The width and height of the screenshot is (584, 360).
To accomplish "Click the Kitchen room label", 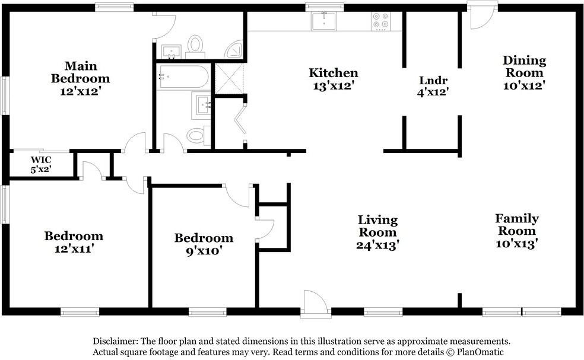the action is pyautogui.click(x=334, y=72).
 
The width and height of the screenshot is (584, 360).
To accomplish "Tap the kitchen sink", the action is pyautogui.click(x=324, y=21).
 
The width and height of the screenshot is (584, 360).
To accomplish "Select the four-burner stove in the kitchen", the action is pyautogui.click(x=381, y=21).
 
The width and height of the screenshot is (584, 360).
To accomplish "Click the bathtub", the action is pyautogui.click(x=183, y=77).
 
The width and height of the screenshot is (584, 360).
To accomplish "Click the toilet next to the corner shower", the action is pyautogui.click(x=195, y=46).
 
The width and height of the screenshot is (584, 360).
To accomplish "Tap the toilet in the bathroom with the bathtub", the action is pyautogui.click(x=198, y=135).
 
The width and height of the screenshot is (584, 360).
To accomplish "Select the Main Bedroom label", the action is pyautogui.click(x=81, y=72).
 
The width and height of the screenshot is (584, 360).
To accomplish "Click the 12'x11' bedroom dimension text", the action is pyautogui.click(x=74, y=249).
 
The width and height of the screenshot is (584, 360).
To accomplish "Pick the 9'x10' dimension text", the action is pyautogui.click(x=204, y=250).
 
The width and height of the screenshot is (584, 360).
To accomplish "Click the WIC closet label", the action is pyautogui.click(x=41, y=160).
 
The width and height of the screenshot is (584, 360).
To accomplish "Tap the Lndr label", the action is pyautogui.click(x=433, y=80).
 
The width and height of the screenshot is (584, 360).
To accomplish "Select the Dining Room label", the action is pyautogui.click(x=525, y=66).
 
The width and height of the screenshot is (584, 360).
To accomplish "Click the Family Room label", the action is pyautogui.click(x=517, y=225).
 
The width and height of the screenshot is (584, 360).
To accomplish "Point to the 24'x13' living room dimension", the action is pyautogui.click(x=377, y=245).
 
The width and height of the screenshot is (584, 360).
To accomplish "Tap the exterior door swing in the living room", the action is pyautogui.click(x=316, y=304).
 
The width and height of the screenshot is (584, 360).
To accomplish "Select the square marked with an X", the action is pyautogui.click(x=230, y=78).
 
